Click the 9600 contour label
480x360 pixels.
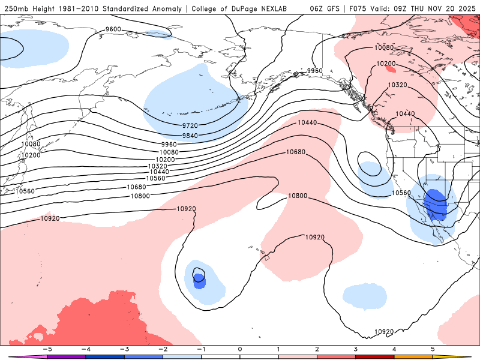113,29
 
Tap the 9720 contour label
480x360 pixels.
190,125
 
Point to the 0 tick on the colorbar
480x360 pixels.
240,349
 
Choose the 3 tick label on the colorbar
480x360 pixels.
356,349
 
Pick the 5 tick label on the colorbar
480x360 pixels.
433,349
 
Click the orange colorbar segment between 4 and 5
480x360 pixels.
413,356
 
